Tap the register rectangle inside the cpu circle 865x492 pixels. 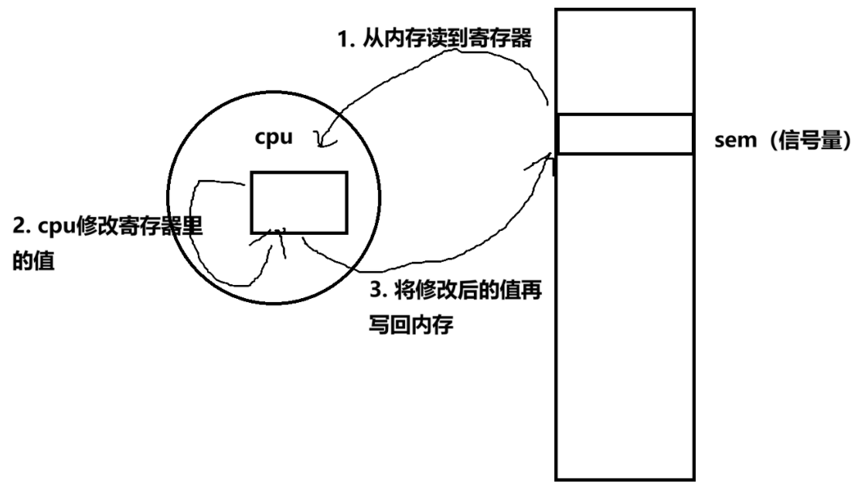(298, 202)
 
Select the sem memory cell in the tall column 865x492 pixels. (625, 134)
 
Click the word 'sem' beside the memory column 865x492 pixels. (733, 141)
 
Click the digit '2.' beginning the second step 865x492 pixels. (22, 228)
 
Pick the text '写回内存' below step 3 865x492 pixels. (410, 326)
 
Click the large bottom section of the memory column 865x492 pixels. (625, 317)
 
